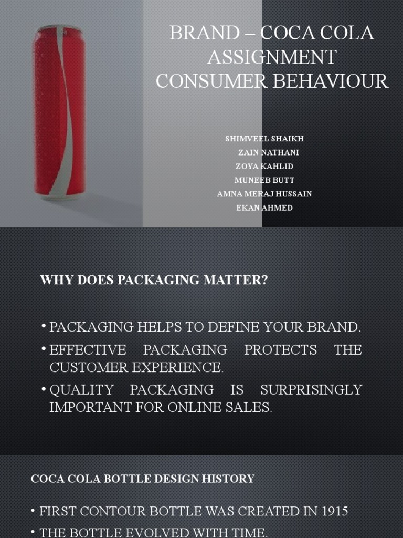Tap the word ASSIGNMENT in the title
tap(271, 57)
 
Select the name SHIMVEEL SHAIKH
tap(264, 139)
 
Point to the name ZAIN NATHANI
tap(268, 152)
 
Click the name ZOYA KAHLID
tap(264, 166)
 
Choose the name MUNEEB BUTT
tap(264, 180)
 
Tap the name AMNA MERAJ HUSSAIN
tap(264, 194)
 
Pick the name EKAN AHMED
tap(264, 208)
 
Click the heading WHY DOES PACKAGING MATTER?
tap(154, 280)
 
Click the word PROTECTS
tap(281, 350)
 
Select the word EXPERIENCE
tap(178, 368)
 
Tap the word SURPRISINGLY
tap(311, 390)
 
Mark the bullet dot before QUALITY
tap(44, 389)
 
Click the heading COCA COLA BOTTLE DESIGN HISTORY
tap(143, 479)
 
